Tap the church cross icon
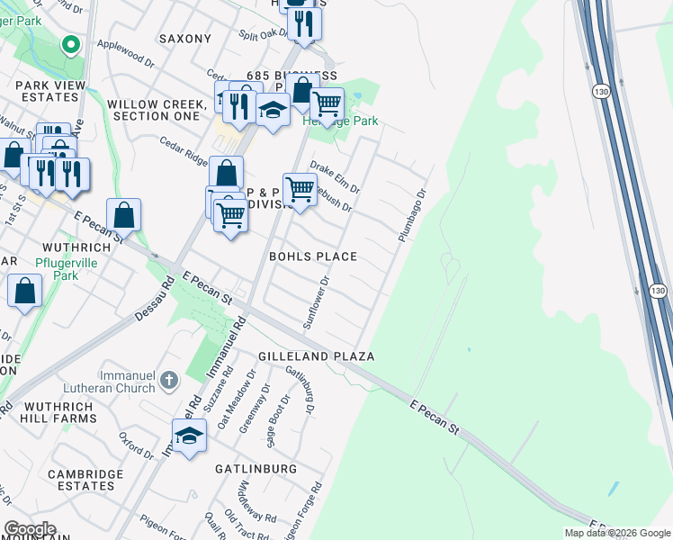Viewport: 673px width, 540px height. point(168,382)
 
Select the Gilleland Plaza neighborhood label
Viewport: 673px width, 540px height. point(316,356)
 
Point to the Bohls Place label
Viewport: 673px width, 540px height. point(313,256)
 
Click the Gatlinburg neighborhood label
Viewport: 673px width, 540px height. point(256,469)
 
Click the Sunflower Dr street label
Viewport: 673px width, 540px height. point(318,302)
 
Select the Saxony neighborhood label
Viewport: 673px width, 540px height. point(184,39)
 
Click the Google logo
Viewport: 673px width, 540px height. point(30,529)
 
